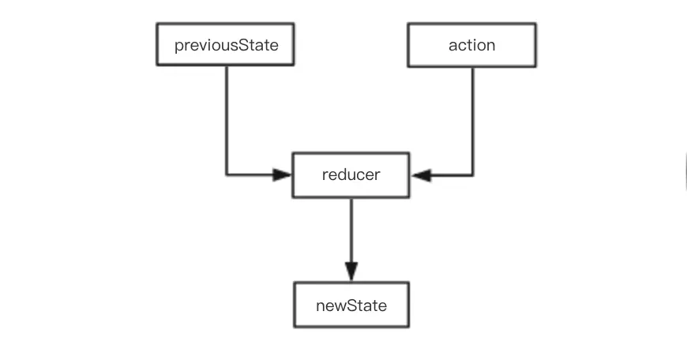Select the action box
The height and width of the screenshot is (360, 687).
[471, 45]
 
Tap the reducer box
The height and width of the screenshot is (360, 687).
[351, 175]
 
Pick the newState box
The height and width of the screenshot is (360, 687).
[351, 305]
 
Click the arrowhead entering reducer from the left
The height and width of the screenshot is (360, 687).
[283, 175]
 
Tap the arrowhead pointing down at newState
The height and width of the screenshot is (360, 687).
[351, 271]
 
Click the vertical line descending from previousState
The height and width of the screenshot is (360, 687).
[227, 118]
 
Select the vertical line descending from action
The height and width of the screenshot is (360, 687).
[473, 118]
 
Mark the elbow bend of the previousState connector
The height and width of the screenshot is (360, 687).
[227, 175]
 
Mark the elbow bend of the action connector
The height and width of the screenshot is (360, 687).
[473, 175]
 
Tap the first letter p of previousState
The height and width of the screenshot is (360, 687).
[178, 46]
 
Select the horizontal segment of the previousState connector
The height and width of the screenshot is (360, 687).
[251, 175]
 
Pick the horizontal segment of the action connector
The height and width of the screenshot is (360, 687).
[450, 175]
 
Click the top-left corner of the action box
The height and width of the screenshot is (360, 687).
[408, 24]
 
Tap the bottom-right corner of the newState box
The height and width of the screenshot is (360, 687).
[408, 326]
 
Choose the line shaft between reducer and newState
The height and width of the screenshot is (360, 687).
[351, 229]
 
